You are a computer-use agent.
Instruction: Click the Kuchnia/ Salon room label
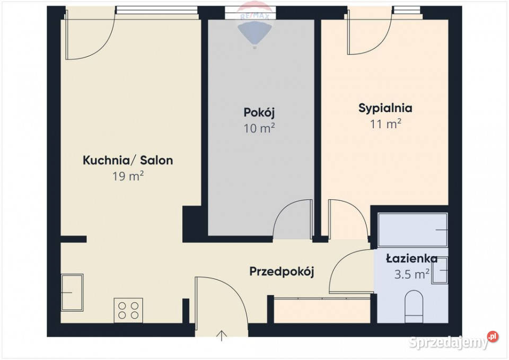128,160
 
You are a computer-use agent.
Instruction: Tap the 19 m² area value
128,176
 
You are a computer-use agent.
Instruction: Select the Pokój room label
259,113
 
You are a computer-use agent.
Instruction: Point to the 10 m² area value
259,128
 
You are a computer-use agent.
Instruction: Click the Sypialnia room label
385,108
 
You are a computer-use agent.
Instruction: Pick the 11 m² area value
385,124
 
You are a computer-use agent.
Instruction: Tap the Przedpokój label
282,271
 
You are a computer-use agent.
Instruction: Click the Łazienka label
411,259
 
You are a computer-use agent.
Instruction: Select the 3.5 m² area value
411,274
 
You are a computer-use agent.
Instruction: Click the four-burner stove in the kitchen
128,310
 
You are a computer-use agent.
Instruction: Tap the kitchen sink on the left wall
72,293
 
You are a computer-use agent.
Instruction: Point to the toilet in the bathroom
414,307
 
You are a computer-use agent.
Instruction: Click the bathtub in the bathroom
413,230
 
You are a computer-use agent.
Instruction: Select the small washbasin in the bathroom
440,270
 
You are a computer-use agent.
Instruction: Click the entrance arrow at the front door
222,336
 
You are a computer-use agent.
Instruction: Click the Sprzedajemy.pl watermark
453,341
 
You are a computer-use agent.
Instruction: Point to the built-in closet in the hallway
322,310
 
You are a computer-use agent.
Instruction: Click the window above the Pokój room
250,13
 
